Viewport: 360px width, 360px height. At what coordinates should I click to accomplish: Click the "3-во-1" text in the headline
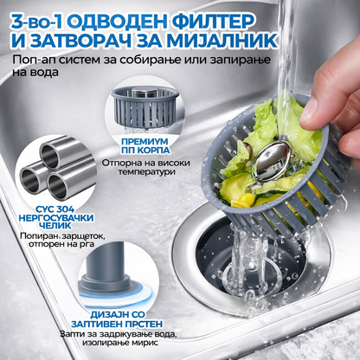pyautogui.click(x=35, y=21)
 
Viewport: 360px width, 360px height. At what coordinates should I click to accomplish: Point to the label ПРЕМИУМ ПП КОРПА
pyautogui.click(x=145, y=146)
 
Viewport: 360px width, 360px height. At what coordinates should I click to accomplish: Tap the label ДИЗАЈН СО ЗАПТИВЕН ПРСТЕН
pyautogui.click(x=117, y=319)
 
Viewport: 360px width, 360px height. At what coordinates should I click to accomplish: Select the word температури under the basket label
pyautogui.click(x=145, y=172)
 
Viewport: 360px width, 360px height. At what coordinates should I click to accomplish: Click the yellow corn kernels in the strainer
pyautogui.click(x=242, y=201)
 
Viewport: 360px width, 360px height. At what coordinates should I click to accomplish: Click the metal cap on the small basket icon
pyautogui.click(x=144, y=93)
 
